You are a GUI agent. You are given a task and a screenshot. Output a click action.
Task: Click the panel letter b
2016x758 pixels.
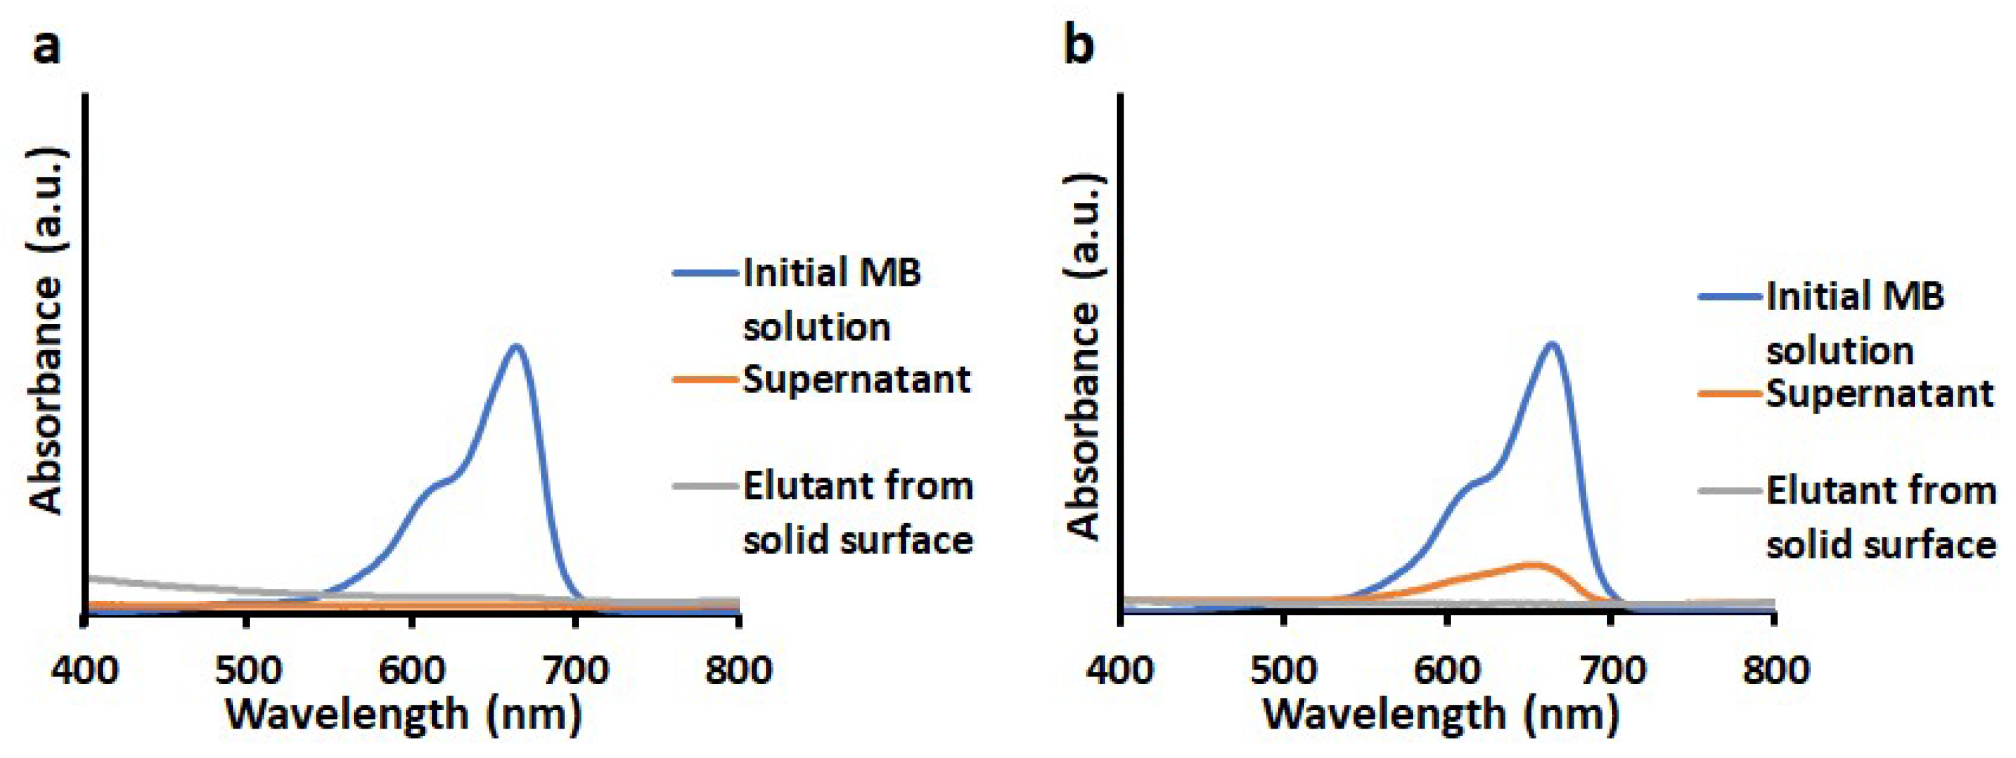point(1079,47)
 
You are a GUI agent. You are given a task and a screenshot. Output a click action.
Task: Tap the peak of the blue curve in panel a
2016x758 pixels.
point(516,347)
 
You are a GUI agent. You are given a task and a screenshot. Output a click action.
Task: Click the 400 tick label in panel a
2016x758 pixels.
point(85,671)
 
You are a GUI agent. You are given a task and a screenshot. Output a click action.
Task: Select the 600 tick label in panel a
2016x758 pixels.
point(411,671)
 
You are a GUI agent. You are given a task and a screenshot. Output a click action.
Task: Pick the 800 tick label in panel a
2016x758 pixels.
point(738,671)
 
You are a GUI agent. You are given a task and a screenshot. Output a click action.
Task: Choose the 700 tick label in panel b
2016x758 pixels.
point(1611,671)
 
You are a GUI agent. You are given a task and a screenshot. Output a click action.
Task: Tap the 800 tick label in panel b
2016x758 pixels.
point(1774,671)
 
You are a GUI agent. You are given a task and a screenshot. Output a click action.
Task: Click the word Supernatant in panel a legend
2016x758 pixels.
point(856,380)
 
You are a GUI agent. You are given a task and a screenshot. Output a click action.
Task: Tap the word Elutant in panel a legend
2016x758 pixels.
point(803,487)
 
